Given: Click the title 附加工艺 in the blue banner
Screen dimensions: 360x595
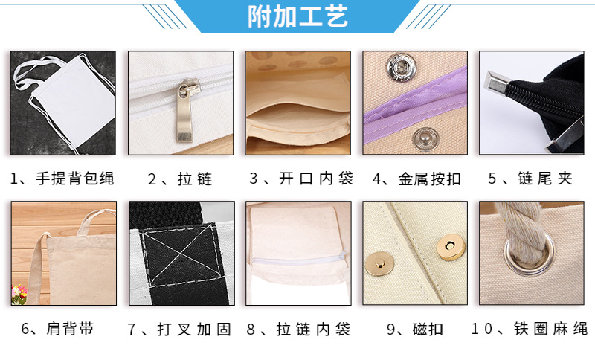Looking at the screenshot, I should coord(297,16).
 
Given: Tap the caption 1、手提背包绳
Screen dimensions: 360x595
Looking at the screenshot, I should coord(62,179).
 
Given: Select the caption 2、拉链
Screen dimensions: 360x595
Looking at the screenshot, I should coord(180,179).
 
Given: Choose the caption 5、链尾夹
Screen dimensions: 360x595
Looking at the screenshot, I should coord(531,179).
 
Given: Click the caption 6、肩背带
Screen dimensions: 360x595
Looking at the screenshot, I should coord(62,329).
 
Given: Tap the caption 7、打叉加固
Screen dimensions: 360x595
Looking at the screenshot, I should coord(180,329).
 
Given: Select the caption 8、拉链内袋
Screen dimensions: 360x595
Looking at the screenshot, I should coord(297,329).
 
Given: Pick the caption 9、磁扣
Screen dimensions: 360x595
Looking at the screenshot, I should coord(414,329).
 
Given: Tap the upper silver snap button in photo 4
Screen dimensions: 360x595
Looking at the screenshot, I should coord(396,69).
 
